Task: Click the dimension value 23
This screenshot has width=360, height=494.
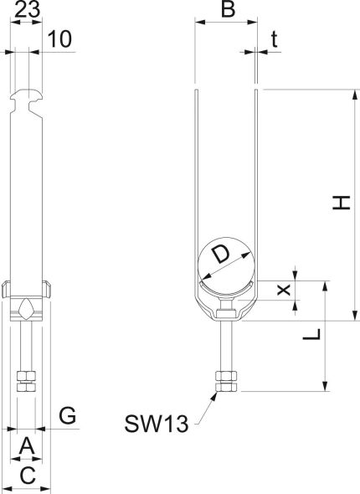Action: (28, 9)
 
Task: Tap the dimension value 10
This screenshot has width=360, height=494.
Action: (59, 39)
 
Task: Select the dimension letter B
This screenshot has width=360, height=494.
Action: (228, 9)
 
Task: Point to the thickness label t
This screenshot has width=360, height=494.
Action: (275, 39)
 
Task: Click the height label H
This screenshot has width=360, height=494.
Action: (342, 203)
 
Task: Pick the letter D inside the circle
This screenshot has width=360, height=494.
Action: (221, 255)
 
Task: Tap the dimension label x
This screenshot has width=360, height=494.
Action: (284, 290)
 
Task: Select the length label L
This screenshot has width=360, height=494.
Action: (311, 334)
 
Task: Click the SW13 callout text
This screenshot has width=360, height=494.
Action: (157, 424)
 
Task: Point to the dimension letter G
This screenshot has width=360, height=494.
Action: (68, 415)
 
